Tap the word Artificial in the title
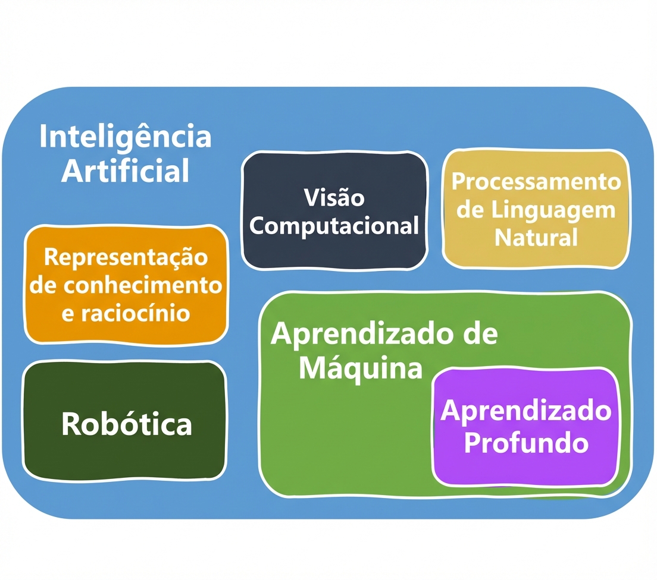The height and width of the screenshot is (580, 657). pyautogui.click(x=125, y=171)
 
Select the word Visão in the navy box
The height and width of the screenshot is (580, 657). pyautogui.click(x=334, y=198)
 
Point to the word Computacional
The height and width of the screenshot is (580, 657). pyautogui.click(x=334, y=226)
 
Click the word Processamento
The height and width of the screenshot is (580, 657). pyautogui.click(x=536, y=181)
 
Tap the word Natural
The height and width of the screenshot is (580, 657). pyautogui.click(x=536, y=238)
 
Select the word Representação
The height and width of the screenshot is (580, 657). pyautogui.click(x=126, y=258)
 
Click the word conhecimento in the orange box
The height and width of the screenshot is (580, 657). pyautogui.click(x=143, y=285)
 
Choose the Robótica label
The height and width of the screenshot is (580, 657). pyautogui.click(x=126, y=424)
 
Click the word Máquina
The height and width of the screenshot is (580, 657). pyautogui.click(x=360, y=368)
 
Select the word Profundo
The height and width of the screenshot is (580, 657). pyautogui.click(x=526, y=443)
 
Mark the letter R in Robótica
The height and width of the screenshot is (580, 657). pyautogui.click(x=71, y=424)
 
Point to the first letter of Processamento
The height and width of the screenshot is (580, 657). pyautogui.click(x=458, y=181)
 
